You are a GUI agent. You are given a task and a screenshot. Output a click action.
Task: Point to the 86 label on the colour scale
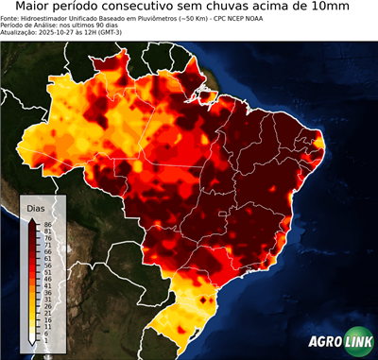pyautogui.click(x=47, y=224)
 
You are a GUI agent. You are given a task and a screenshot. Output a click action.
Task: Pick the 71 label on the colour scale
pyautogui.click(x=47, y=245)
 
